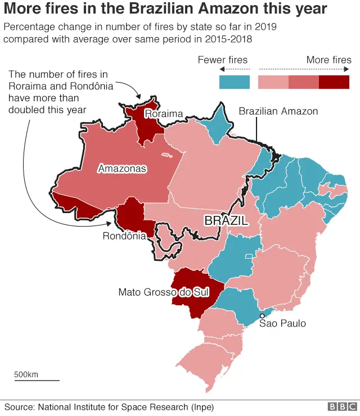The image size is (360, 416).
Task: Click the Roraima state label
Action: click(164, 114)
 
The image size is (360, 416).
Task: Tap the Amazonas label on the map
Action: click(122, 168)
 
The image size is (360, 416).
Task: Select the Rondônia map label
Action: click(124, 236)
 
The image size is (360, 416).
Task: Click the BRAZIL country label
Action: click(226, 221)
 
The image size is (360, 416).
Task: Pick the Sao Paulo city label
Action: click(282, 323)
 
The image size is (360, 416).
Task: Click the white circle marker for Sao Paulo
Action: click(262, 316)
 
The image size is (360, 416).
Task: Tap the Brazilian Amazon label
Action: click(278, 111)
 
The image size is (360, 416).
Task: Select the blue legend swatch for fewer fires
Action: click(234, 82)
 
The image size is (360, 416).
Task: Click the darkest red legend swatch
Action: click(334, 82)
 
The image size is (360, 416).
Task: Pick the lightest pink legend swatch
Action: click(273, 82)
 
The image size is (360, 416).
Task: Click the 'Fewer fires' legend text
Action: click(223, 60)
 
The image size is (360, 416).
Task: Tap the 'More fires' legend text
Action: click(328, 60)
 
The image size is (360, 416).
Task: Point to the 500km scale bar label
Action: click(26, 374)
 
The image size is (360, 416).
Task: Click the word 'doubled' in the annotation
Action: click(27, 109)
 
